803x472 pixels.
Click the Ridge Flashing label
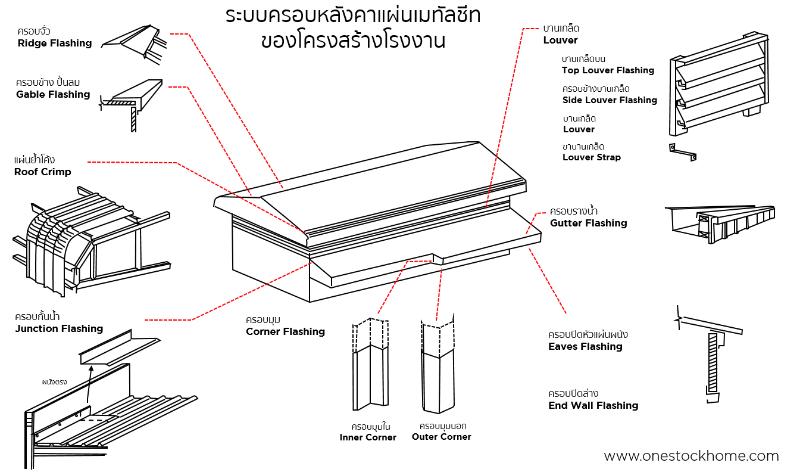(54, 43)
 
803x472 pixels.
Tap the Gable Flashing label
(53, 94)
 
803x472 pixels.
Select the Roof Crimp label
(42, 172)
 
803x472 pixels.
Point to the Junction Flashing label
(59, 328)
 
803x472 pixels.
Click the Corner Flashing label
(285, 331)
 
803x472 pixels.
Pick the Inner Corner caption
(368, 437)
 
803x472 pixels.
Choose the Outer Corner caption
(441, 437)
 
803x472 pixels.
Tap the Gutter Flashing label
(588, 223)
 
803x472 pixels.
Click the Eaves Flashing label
(585, 346)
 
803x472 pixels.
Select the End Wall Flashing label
(593, 405)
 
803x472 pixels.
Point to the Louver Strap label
(591, 157)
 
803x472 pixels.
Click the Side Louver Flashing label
(610, 100)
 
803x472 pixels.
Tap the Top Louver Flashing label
(608, 70)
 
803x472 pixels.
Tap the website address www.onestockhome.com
(691, 457)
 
